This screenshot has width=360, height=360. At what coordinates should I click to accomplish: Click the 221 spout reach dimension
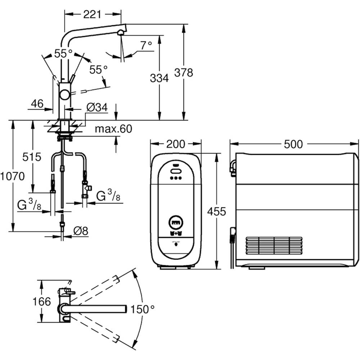click(92, 15)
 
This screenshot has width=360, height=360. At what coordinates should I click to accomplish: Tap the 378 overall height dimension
click(184, 72)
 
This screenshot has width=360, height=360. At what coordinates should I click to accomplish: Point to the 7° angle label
click(146, 45)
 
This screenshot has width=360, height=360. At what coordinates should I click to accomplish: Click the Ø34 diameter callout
click(97, 107)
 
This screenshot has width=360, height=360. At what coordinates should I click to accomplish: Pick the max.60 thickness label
click(114, 129)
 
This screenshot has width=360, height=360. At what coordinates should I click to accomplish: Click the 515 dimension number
click(32, 157)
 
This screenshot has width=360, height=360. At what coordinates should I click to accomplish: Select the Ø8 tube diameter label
click(81, 231)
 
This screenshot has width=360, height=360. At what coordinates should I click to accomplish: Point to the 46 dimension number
click(37, 104)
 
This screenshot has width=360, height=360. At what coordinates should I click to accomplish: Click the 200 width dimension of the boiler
click(176, 144)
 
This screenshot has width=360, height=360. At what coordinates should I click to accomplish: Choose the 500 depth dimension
click(293, 144)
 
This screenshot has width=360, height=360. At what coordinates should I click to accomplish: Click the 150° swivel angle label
click(142, 309)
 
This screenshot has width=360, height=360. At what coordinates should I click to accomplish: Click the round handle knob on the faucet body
click(65, 95)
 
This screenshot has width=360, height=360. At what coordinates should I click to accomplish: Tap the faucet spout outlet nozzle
click(121, 33)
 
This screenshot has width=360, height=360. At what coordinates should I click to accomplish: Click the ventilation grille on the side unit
click(274, 246)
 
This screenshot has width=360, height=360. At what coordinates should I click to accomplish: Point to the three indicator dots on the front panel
click(176, 178)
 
